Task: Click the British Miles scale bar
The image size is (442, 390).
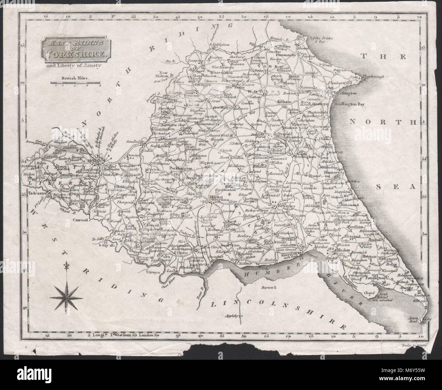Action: (x=75, y=83)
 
